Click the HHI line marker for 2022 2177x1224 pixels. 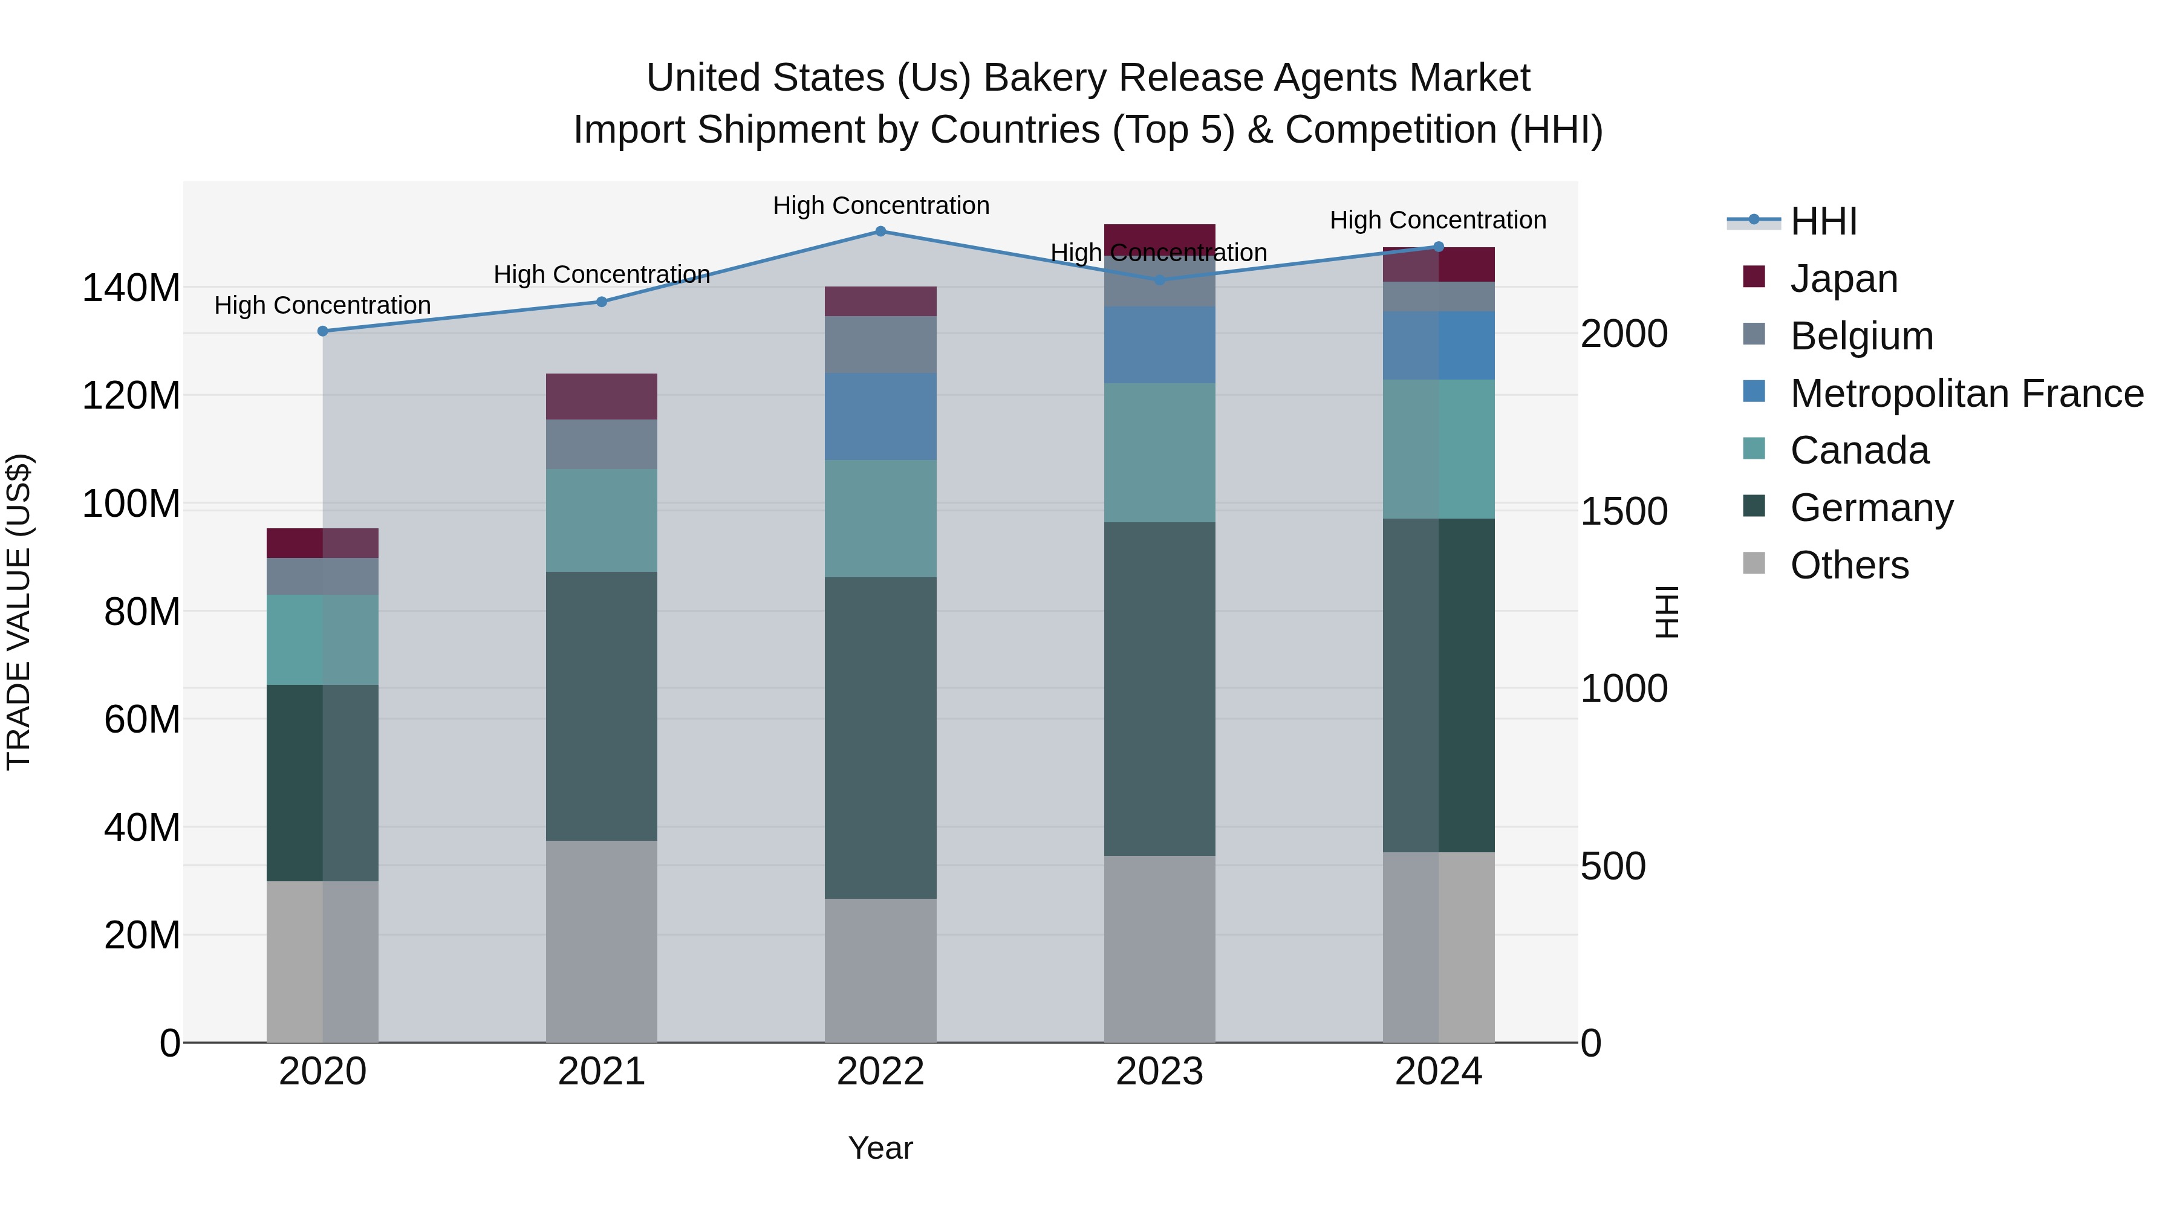(x=880, y=232)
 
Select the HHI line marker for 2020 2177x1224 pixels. (x=323, y=331)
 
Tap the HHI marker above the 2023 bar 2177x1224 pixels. (x=1159, y=280)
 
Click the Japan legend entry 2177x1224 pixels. (x=1843, y=279)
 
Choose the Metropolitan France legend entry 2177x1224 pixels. (x=1966, y=393)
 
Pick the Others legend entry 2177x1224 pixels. (x=1849, y=565)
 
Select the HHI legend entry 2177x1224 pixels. (x=1824, y=221)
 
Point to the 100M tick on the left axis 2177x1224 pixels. (x=131, y=504)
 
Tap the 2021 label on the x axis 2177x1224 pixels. (x=601, y=1072)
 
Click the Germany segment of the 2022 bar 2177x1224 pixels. (x=880, y=737)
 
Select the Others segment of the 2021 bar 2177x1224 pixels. (x=601, y=941)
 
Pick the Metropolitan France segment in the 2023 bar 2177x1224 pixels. (x=1159, y=345)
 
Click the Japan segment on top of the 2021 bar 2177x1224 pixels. (x=601, y=396)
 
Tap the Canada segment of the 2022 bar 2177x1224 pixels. (x=880, y=519)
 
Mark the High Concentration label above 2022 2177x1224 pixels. (x=880, y=206)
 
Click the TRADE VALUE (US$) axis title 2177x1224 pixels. (x=19, y=612)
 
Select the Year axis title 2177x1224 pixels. (x=880, y=1148)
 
